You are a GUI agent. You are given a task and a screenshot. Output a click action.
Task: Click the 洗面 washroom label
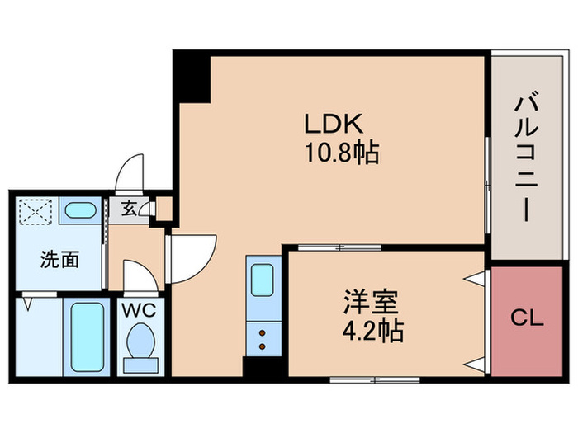coord(59,261)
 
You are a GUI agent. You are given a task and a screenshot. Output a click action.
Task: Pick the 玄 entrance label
coord(130,209)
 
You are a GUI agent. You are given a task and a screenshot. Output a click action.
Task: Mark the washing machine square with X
coord(36,209)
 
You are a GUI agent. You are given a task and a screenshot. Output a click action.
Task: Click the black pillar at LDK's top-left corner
coord(192,78)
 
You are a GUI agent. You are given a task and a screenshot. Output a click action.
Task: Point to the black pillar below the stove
coord(256,368)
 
